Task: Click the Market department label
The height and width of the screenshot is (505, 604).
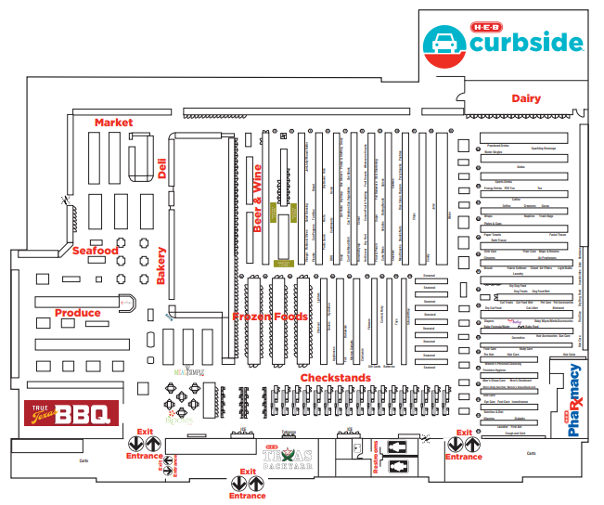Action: click(113, 122)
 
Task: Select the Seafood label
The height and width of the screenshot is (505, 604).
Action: click(96, 251)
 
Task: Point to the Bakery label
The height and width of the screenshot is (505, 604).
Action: click(161, 265)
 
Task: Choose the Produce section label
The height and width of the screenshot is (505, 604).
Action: click(77, 313)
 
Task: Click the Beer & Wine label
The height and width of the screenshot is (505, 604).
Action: click(258, 198)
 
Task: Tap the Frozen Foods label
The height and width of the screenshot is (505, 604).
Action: click(270, 317)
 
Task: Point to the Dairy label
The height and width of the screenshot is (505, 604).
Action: click(526, 98)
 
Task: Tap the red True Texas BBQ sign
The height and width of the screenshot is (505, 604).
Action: click(71, 413)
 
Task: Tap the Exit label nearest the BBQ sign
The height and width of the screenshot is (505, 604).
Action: click(144, 432)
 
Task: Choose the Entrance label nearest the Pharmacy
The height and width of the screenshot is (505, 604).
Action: click(464, 457)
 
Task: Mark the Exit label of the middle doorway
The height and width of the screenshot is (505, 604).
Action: click(248, 473)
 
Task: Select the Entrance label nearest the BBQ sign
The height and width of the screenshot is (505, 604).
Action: click(144, 456)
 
